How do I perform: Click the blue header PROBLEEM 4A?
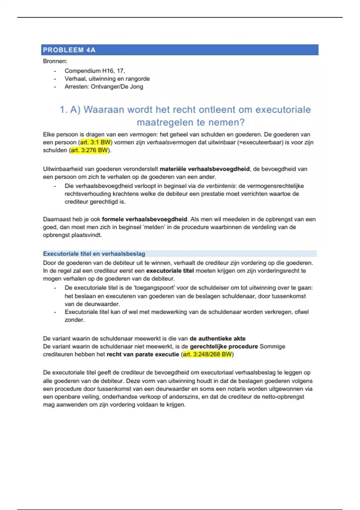click(x=69, y=50)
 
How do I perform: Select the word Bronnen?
click(x=55, y=61)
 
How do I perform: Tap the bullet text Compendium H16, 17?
click(x=94, y=71)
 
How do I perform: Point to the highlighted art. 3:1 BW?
click(x=95, y=142)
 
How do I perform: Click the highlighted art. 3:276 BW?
click(x=89, y=150)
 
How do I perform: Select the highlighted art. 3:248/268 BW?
click(x=207, y=354)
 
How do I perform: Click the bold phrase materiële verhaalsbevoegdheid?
click(x=205, y=169)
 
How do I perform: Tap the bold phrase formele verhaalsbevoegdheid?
click(x=144, y=219)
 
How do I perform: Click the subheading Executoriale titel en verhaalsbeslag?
click(x=94, y=254)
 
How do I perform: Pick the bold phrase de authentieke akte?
click(x=217, y=339)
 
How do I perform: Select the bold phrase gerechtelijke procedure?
click(x=224, y=346)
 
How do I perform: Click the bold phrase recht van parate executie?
click(x=143, y=354)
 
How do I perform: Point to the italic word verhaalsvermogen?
click(x=171, y=142)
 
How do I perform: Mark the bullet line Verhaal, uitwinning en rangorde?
click(x=107, y=79)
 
